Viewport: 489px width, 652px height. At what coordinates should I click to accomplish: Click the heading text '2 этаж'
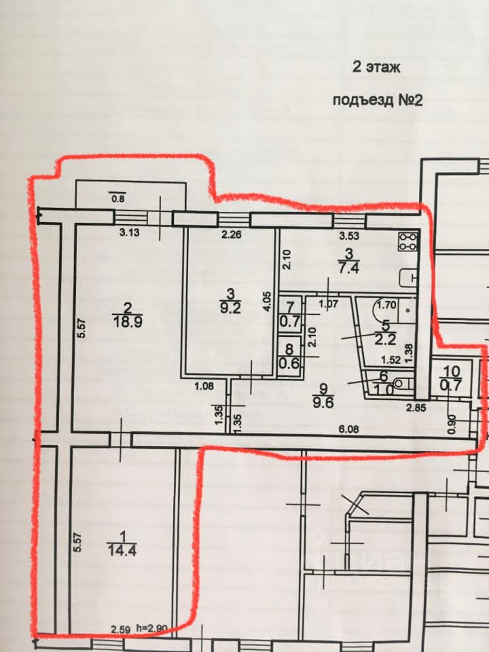376,67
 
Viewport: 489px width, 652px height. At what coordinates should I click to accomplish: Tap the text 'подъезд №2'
378,101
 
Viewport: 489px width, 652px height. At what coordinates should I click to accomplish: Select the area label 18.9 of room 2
128,321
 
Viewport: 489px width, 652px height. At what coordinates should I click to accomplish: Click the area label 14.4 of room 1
122,550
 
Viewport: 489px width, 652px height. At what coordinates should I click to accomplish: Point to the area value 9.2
230,308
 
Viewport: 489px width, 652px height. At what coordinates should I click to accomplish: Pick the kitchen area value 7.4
349,268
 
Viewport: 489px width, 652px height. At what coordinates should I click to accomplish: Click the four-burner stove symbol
408,241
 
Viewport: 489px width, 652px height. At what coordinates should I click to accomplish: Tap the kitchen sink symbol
408,278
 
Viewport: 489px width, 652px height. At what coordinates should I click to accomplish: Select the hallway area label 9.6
323,403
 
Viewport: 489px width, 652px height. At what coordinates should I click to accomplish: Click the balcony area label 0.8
118,198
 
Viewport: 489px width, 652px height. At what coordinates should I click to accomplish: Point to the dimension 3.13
129,232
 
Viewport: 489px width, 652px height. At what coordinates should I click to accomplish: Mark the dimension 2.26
231,234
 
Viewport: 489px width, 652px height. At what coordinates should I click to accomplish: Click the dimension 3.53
349,236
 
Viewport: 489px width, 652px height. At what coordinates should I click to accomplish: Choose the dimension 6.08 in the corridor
348,429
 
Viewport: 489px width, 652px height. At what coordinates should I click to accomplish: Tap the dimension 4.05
268,301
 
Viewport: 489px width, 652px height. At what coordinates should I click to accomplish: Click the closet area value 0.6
289,363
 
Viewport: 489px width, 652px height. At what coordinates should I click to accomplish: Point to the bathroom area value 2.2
385,340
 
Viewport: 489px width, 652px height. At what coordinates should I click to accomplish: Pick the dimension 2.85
416,407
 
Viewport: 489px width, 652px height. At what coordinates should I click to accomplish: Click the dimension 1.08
204,386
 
